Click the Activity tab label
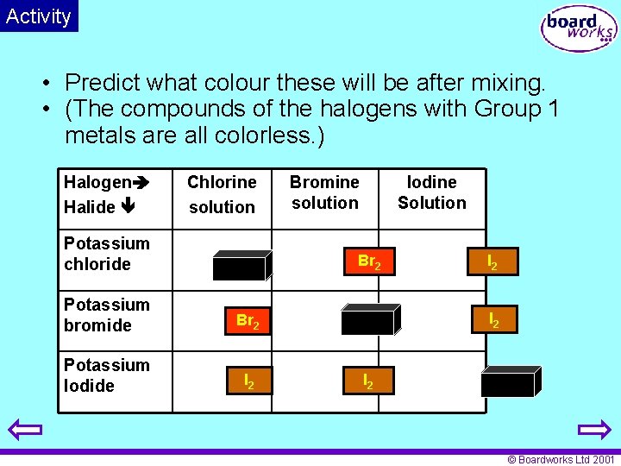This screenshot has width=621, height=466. click(x=39, y=16)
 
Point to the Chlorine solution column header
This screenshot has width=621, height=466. click(x=222, y=194)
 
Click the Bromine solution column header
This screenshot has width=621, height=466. click(x=324, y=192)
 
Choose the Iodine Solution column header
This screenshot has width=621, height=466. click(x=431, y=192)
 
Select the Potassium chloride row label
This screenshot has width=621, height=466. click(x=106, y=254)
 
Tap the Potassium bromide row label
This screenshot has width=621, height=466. click(x=106, y=315)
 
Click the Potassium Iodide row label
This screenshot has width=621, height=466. click(x=106, y=375)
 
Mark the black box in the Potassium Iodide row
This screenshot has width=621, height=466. click(x=510, y=382)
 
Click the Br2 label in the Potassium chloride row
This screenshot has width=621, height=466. click(x=369, y=261)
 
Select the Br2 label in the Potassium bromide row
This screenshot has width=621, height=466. click(x=248, y=321)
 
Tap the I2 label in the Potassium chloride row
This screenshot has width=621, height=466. click(x=492, y=261)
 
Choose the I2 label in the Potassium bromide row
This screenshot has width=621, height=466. click(x=493, y=319)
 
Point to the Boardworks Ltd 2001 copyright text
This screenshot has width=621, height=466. click(x=561, y=460)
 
